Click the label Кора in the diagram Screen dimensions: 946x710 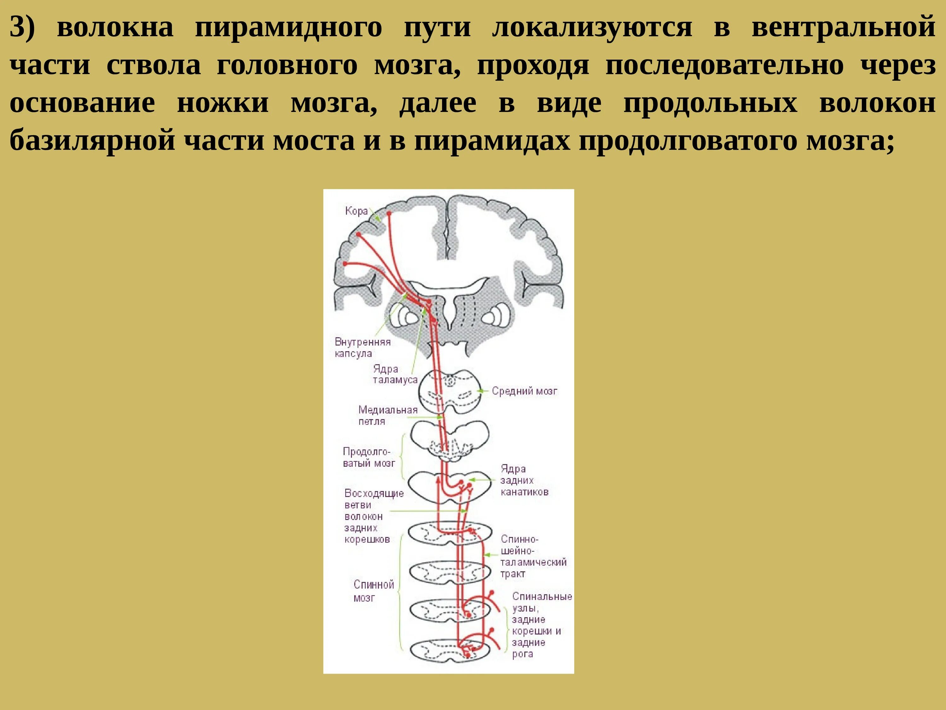pyautogui.click(x=356, y=211)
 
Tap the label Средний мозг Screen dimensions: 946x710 pyautogui.click(x=524, y=391)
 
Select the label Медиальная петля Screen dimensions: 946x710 pyautogui.click(x=388, y=416)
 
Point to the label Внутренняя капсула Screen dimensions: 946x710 pyautogui.click(x=362, y=347)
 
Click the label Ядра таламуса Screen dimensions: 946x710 pyautogui.click(x=394, y=374)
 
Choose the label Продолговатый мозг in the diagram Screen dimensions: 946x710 pyautogui.click(x=368, y=457)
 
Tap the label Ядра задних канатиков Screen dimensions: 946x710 pyautogui.click(x=524, y=480)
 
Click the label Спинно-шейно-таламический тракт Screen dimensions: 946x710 pyautogui.click(x=533, y=556)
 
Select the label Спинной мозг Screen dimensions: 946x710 pyautogui.click(x=373, y=591)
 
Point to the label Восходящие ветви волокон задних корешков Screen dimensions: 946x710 pyautogui.click(x=373, y=516)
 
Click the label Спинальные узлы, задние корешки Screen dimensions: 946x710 pyautogui.click(x=541, y=625)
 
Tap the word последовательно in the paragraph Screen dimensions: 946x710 pyautogui.click(x=724, y=66)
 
